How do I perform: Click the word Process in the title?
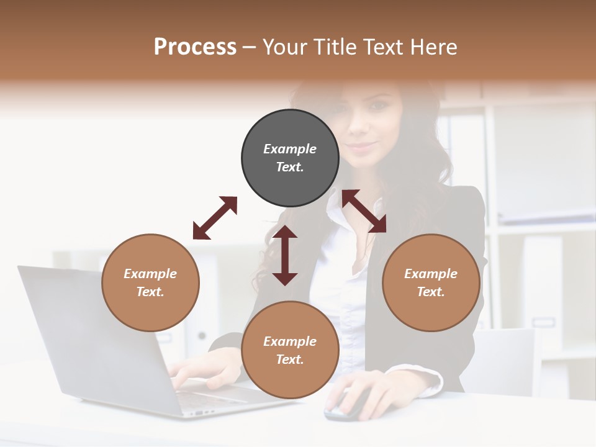click(x=195, y=47)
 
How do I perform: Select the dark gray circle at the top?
click(x=290, y=158)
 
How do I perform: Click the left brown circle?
click(x=150, y=282)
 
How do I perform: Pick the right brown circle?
click(x=431, y=282)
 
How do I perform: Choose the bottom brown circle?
click(x=290, y=350)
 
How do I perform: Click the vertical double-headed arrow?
click(x=285, y=255)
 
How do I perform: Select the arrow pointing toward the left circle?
click(x=215, y=218)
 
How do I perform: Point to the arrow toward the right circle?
click(x=364, y=211)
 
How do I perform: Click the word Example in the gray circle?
click(x=290, y=149)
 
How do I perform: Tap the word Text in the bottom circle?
click(x=289, y=359)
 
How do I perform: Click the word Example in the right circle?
click(x=431, y=274)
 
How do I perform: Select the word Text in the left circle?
click(x=150, y=292)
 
